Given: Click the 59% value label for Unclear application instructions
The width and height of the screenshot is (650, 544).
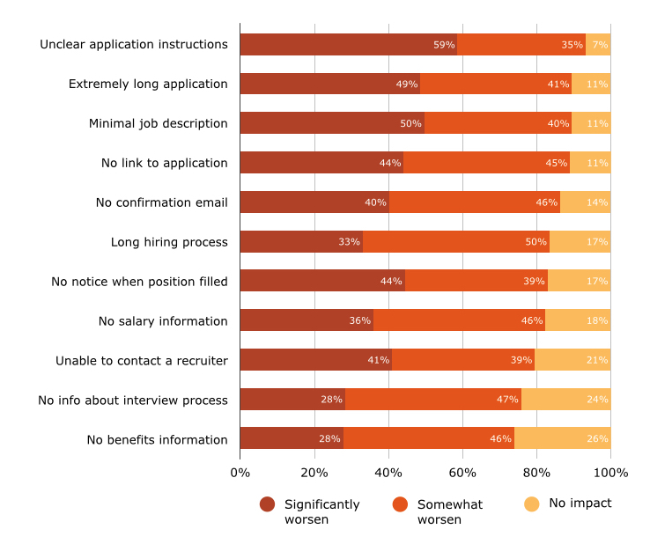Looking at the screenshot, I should click(x=444, y=45).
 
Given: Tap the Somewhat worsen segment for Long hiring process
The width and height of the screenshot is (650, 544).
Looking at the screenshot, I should click(x=455, y=242).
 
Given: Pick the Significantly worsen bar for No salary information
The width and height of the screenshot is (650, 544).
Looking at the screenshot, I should click(x=306, y=320).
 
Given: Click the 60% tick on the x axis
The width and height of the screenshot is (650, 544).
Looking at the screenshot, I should click(x=462, y=473).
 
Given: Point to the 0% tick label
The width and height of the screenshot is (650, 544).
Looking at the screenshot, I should click(x=240, y=473).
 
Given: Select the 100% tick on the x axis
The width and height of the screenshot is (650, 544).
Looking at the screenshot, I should click(x=610, y=473).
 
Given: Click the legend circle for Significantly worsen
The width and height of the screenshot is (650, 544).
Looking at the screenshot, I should click(x=268, y=504).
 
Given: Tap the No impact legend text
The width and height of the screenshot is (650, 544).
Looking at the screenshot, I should click(x=580, y=504).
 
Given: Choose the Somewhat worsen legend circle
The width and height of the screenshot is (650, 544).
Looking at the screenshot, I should click(x=401, y=504).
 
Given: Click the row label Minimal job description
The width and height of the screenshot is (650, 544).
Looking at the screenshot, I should click(x=158, y=123).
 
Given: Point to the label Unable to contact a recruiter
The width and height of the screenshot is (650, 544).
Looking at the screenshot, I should click(x=141, y=360).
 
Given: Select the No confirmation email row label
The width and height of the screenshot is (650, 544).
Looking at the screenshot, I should click(x=161, y=202).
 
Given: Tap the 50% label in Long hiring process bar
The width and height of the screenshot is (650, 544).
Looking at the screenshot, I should click(x=536, y=242).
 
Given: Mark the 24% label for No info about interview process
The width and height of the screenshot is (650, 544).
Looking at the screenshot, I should click(x=597, y=400).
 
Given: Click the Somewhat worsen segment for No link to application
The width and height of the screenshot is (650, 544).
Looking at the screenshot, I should click(x=486, y=163).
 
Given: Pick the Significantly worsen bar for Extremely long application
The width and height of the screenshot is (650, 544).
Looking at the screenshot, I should click(x=329, y=85).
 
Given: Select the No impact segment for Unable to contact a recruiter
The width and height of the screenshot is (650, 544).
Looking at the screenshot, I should click(x=572, y=360).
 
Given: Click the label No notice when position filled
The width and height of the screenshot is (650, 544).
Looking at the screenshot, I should click(x=139, y=282).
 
